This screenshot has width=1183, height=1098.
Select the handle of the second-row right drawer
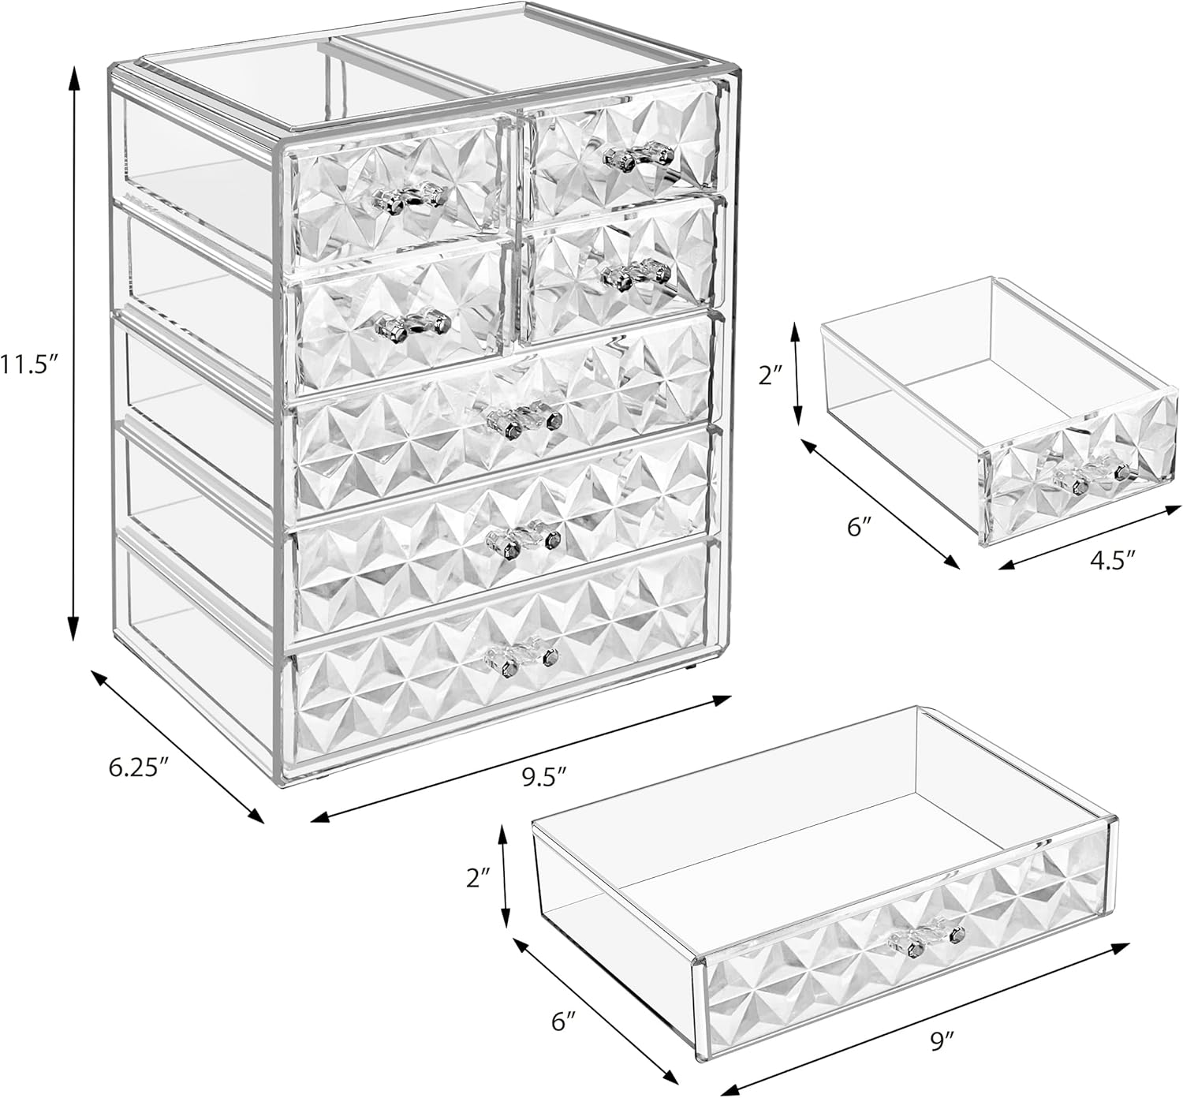(636, 275)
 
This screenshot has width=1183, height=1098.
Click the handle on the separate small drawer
(1088, 474)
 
